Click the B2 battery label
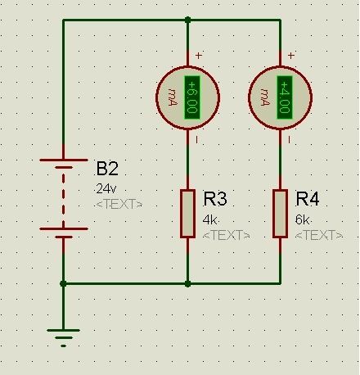click(107, 169)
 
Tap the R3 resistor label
click(215, 198)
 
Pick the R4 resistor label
click(308, 198)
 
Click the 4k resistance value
click(209, 219)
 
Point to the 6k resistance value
click(302, 219)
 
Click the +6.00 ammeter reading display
click(192, 97)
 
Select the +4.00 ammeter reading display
click(285, 97)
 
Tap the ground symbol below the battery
click(63, 338)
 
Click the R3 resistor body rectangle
click(187, 214)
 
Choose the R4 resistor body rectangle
click(280, 214)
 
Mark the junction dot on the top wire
click(187, 20)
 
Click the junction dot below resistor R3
click(187, 284)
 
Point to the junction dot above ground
click(63, 284)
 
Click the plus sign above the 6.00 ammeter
click(199, 56)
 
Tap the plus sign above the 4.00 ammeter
click(291, 56)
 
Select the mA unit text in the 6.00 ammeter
click(173, 97)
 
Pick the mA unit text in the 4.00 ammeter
click(266, 97)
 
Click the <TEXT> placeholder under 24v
click(119, 204)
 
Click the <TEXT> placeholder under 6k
click(319, 235)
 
